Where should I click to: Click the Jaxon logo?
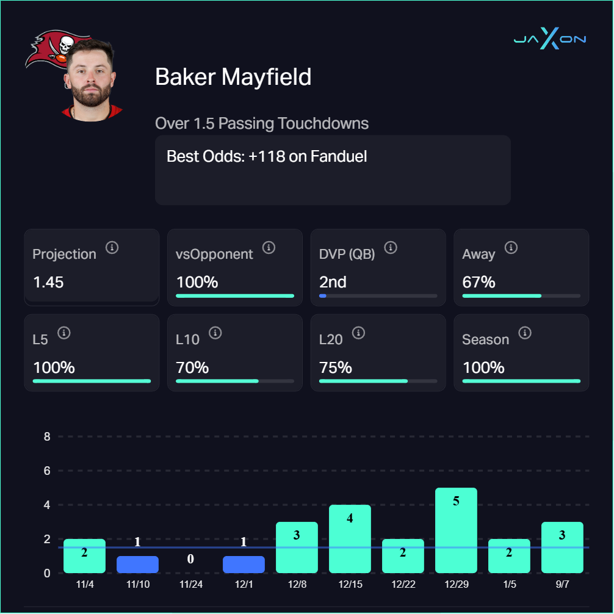549,40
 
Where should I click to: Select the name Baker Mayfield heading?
233,77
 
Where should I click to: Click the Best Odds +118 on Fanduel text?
267,156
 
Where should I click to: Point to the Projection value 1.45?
48,283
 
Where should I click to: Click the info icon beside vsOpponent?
269,248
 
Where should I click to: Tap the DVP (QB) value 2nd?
333,283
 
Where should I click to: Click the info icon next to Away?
511,248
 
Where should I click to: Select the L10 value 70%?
192,368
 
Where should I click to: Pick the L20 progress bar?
378,381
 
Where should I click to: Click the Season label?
485,339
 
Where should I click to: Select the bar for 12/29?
456,530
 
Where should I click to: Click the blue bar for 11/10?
137,564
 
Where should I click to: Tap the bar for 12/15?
350,539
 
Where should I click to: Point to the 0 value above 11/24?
190,558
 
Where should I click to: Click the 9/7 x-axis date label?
562,585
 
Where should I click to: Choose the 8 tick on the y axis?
46,437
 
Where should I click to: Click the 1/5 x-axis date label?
509,585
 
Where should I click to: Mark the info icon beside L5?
65,333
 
